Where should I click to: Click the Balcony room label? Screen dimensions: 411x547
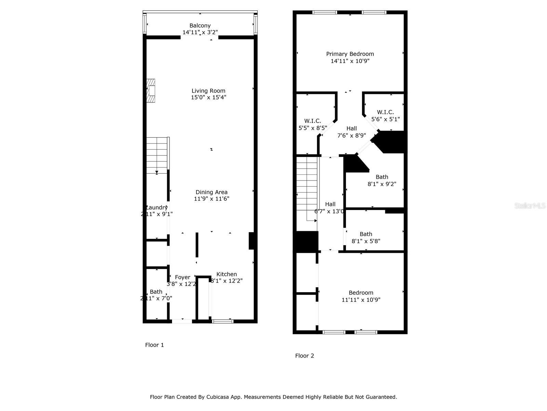200,26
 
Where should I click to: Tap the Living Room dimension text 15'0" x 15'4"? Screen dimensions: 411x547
209,97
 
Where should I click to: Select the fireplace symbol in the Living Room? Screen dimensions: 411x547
151,91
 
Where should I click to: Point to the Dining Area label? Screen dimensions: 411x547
211,192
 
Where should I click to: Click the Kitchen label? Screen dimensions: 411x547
227,274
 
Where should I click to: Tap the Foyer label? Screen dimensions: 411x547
183,277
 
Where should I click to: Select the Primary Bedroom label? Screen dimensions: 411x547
350,54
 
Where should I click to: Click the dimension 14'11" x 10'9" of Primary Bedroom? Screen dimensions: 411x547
350,61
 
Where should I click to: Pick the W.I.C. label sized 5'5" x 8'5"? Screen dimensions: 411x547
312,121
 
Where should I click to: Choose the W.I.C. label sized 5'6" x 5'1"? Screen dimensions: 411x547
385,112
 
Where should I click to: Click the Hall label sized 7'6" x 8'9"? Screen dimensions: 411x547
351,128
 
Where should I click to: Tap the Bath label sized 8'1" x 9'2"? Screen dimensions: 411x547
382,177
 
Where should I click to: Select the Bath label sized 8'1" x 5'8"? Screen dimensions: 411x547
366,234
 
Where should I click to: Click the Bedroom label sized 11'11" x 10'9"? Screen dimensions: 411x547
361,292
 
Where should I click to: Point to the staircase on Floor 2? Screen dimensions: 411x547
307,188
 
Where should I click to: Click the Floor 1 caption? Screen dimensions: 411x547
155,345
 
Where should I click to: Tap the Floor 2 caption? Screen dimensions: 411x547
305,356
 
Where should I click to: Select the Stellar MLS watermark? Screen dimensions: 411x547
530,206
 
